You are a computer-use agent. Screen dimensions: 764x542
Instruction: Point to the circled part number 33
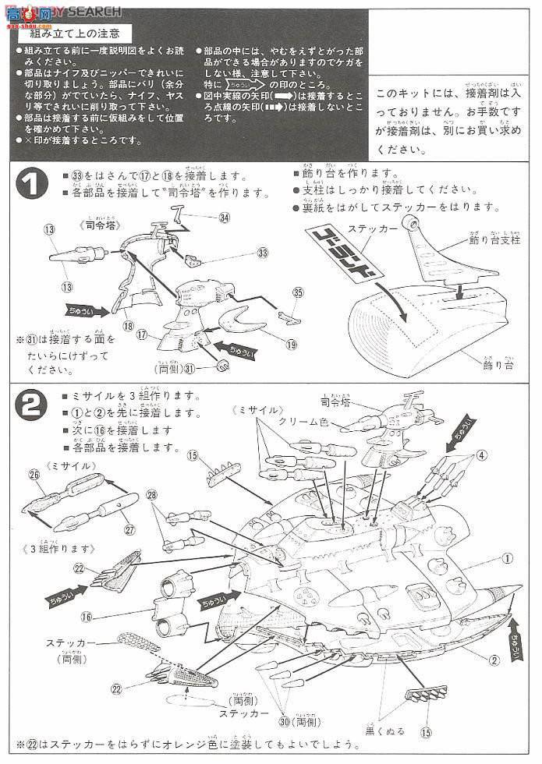tap(262, 253)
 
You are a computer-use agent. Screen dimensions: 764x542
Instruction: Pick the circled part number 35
tap(297, 293)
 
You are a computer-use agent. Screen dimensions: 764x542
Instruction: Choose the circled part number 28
tap(152, 494)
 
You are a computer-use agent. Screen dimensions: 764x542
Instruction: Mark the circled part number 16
tap(86, 616)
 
